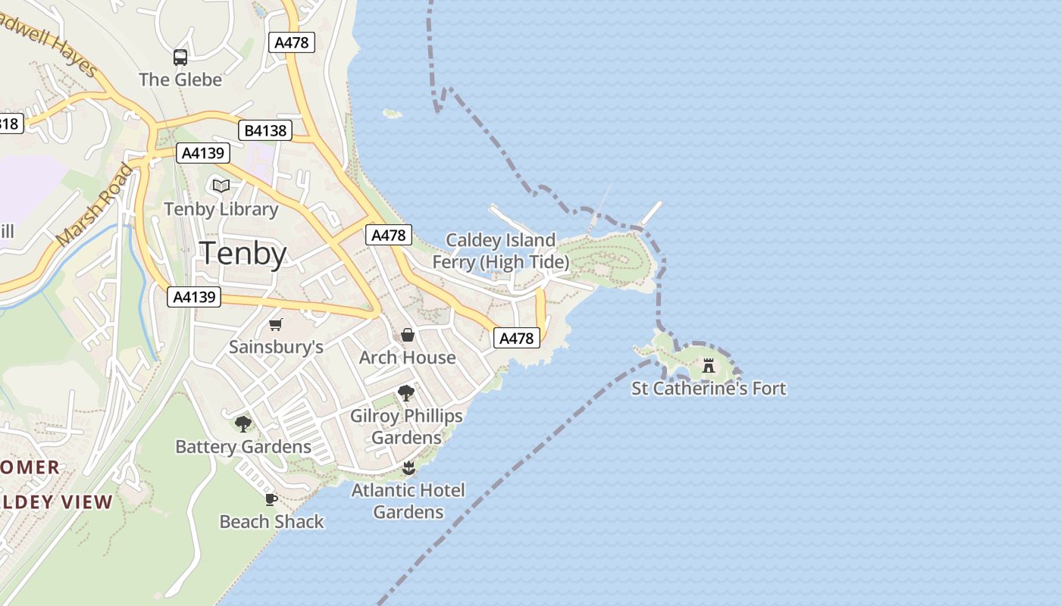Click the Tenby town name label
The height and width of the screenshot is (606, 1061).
[243, 255]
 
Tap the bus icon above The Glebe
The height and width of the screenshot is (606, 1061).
[180, 58]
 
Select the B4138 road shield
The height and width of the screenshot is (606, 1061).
[265, 130]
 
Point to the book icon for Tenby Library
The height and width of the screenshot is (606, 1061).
[221, 186]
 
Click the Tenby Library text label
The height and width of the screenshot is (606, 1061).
[221, 209]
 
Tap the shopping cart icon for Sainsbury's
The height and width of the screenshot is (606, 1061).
[276, 325]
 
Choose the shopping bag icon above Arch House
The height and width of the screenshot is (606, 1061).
[408, 335]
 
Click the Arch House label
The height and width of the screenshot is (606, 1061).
[408, 358]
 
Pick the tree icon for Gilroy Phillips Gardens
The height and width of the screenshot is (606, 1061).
[406, 393]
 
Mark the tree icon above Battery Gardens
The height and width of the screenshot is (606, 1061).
[243, 424]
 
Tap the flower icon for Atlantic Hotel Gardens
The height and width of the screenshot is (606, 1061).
[408, 467]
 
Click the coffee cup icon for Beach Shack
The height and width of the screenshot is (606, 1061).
[271, 499]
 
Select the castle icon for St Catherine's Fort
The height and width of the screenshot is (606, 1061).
[709, 367]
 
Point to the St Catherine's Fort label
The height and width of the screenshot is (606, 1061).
[709, 389]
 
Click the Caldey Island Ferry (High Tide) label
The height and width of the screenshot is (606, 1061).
[500, 251]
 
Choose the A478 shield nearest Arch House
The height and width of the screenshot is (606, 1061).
[517, 339]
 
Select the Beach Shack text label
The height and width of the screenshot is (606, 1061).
[271, 522]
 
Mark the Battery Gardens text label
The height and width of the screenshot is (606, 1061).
[243, 447]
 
